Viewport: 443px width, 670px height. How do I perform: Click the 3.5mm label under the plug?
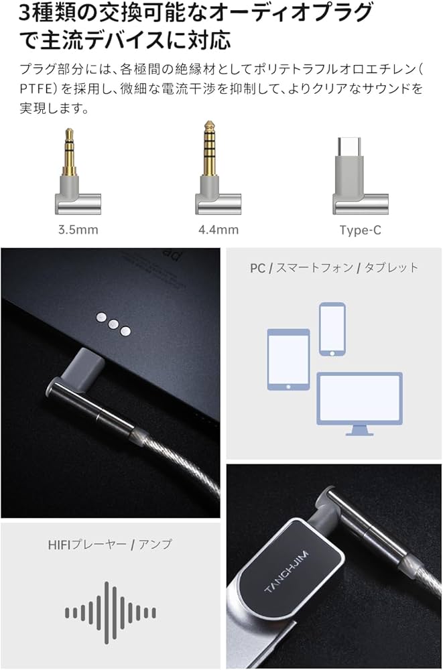tap(78, 230)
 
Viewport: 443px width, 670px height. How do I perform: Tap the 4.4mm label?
tap(218, 230)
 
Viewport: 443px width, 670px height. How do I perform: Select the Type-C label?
tap(360, 230)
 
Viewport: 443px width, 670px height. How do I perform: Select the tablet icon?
tap(288, 359)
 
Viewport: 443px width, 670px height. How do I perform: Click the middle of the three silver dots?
tap(113, 322)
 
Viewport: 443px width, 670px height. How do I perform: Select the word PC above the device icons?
tap(257, 268)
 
